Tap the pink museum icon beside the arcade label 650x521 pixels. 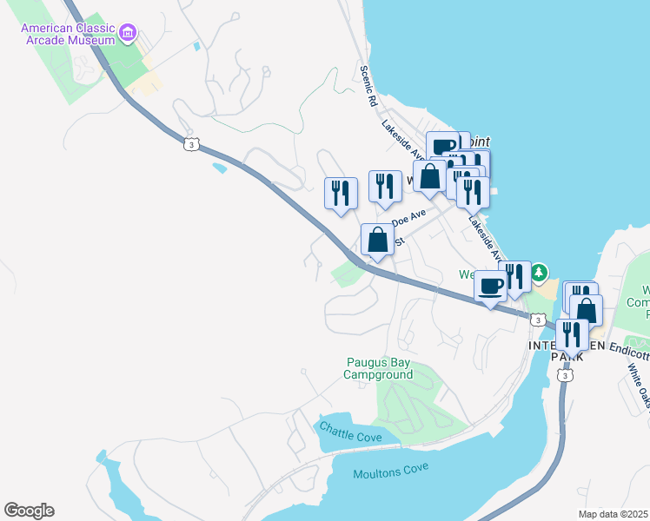tap(129, 34)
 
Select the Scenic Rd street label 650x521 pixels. tap(368, 85)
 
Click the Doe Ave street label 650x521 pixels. tap(408, 217)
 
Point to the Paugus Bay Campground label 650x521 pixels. tap(377, 369)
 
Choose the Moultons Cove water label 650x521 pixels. tap(391, 473)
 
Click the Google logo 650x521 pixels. tap(29, 511)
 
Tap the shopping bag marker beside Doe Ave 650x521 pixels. tap(377, 240)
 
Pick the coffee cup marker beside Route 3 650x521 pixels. tap(490, 286)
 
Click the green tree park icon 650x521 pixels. tap(540, 274)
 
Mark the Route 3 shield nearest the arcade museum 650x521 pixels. tap(189, 142)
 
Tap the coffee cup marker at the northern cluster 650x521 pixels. tap(441, 146)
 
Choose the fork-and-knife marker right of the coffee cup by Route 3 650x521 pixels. tap(515, 277)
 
